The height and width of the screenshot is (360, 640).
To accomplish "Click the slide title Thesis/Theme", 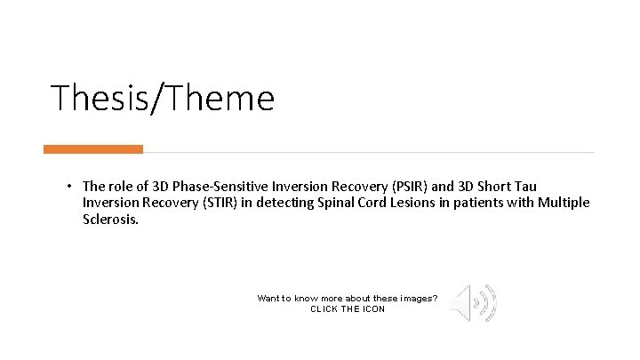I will click(x=163, y=98).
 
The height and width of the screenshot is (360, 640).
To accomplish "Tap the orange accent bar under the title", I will click(x=93, y=149).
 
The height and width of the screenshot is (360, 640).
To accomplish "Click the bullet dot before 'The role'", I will click(x=68, y=186).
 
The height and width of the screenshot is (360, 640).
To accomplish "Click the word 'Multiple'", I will click(x=564, y=203).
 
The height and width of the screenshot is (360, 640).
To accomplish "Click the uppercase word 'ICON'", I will click(x=373, y=309).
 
